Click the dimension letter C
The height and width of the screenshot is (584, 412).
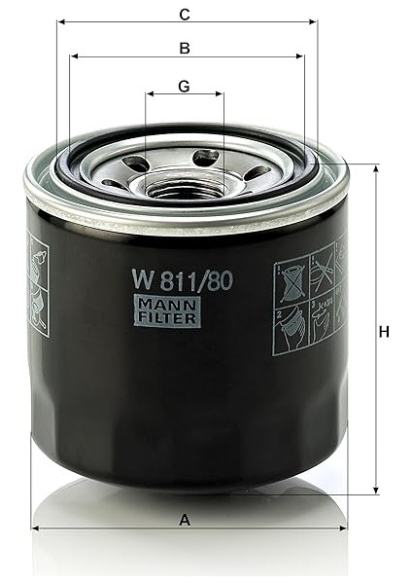tap(184, 14)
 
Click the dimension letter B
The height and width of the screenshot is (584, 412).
tap(184, 48)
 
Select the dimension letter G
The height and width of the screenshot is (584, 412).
tap(184, 86)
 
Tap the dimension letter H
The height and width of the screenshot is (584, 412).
tap(385, 332)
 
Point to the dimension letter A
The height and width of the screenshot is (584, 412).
tap(185, 520)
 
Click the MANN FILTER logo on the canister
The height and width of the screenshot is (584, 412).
tap(166, 311)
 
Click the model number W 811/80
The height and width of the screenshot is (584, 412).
tap(182, 281)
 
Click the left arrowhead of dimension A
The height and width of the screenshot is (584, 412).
tap(36, 529)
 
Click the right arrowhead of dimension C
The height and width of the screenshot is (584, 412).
tap(313, 21)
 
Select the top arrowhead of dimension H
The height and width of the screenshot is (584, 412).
tap(376, 167)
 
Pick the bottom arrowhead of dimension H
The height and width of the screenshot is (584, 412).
tap(376, 491)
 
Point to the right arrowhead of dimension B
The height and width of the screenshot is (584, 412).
tap(300, 56)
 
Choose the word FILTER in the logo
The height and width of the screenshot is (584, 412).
tap(166, 318)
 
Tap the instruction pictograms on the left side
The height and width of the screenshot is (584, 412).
tap(38, 284)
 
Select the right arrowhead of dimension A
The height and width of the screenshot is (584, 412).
tap(343, 529)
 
